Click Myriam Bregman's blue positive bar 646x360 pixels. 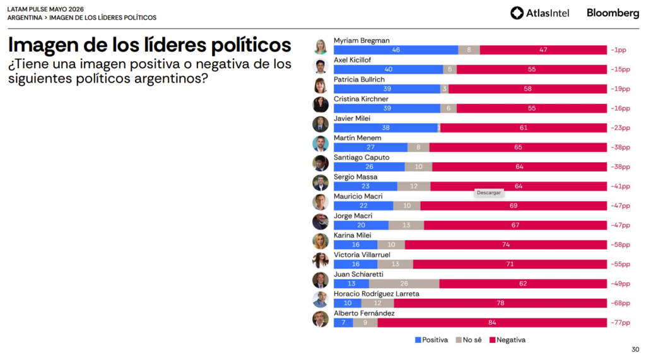click(x=396, y=50)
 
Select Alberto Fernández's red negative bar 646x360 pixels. click(x=492, y=323)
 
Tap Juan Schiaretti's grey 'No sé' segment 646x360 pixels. click(x=404, y=283)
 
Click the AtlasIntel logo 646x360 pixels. click(x=540, y=13)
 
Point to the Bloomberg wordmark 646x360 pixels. click(x=613, y=13)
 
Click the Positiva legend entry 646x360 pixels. click(x=432, y=340)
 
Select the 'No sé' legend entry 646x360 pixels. click(x=469, y=340)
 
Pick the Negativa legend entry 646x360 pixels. click(x=507, y=340)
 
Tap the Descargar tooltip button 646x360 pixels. click(x=489, y=193)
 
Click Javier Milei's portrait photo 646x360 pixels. click(x=320, y=124)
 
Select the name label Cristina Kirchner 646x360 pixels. click(x=361, y=99)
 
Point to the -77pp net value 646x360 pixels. click(x=620, y=323)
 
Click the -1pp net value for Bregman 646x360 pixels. click(x=618, y=50)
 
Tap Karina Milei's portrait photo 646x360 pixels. click(x=320, y=241)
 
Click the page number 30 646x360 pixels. click(x=635, y=349)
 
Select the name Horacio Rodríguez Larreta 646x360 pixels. click(x=377, y=294)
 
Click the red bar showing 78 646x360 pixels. click(x=500, y=303)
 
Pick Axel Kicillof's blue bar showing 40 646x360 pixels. click(x=389, y=69)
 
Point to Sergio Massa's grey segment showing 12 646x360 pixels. click(x=414, y=186)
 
